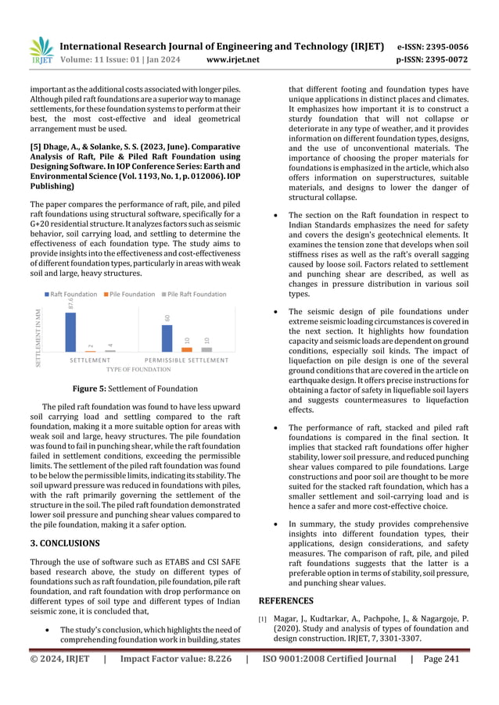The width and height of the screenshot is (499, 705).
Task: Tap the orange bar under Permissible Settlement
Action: tap(187, 348)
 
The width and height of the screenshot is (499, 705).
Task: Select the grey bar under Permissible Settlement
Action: tap(206, 348)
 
